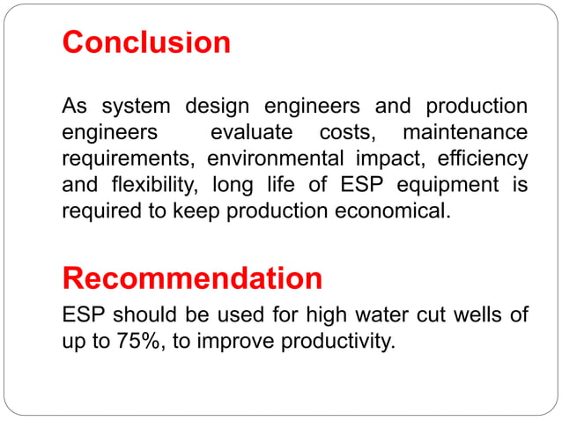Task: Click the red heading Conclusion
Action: pos(146,42)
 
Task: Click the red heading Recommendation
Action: pos(192,279)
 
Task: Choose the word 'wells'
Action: pos(478,314)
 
